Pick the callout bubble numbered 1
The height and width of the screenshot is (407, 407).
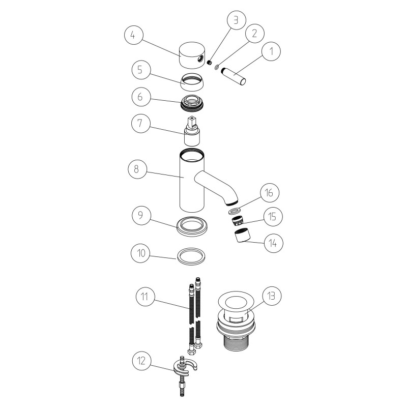[x=271, y=51]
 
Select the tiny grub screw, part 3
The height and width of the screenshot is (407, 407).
[x=209, y=62]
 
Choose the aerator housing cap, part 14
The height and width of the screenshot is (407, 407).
[x=242, y=237]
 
